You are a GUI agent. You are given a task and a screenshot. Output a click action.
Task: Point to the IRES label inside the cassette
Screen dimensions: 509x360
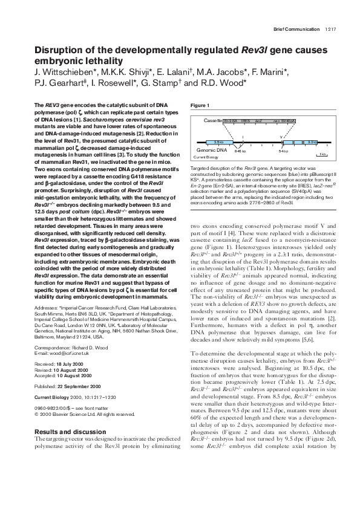245,121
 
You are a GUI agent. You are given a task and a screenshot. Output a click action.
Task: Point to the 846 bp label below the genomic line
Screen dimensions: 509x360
241,151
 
